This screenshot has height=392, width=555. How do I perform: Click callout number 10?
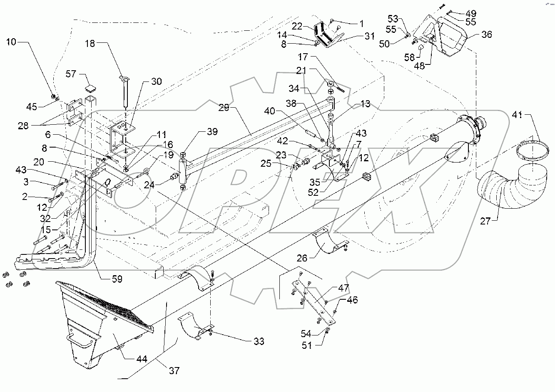pos(12,42)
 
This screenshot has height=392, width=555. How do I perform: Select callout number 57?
pos(72,74)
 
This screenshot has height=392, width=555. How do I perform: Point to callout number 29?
pos(224,108)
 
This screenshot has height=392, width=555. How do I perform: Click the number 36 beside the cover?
pos(486,35)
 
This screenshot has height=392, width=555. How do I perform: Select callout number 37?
pos(174,370)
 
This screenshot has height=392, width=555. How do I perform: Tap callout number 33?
pos(259,342)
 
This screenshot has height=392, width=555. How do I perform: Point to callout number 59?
pos(117,279)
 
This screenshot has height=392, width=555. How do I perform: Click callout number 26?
pos(302,258)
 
